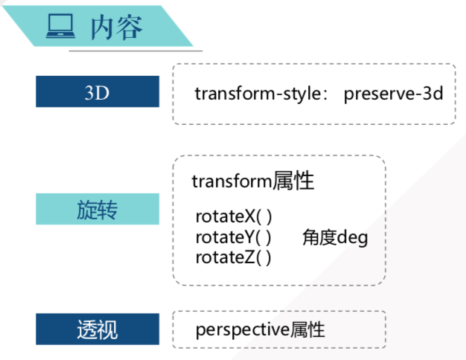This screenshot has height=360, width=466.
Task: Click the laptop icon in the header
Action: pos(61,27)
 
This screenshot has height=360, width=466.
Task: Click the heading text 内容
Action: pos(116,27)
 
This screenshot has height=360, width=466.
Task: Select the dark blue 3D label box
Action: pos(97,91)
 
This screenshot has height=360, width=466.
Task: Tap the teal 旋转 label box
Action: pos(97,209)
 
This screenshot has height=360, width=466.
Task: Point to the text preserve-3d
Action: pos(393,94)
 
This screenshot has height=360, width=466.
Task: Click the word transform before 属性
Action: pos(232,181)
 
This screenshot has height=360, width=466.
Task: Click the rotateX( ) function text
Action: pos(233,217)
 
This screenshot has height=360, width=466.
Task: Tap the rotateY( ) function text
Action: pos(233,237)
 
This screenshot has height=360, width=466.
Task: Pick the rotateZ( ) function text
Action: pos(233,257)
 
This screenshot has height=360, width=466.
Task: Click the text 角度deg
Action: pos(335,238)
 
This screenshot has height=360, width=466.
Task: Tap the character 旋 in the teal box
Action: pos(86,209)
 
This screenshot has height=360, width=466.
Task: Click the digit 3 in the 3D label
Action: pos(91,92)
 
